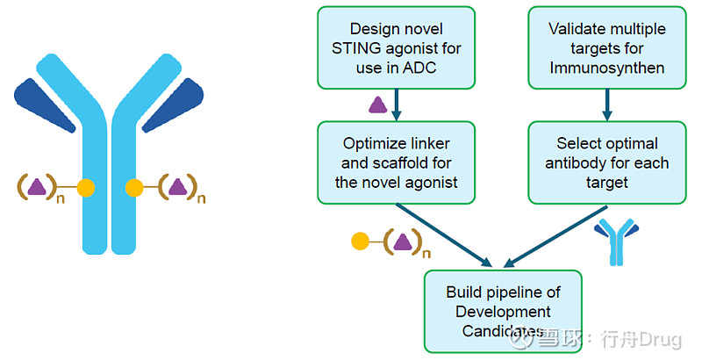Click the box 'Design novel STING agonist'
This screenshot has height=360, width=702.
397,47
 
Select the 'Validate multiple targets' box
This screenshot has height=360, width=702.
606,47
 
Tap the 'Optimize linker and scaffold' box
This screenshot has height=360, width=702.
397,162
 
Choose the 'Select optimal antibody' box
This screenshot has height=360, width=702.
606,162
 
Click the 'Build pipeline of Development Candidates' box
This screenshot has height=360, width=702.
503,311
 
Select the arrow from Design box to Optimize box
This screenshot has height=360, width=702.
398,104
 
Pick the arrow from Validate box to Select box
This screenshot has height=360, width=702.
606,104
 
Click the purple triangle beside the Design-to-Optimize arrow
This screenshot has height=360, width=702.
377,105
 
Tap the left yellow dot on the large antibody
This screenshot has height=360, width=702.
85,187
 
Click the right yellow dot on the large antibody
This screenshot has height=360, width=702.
134,187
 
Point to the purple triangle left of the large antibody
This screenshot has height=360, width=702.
37,186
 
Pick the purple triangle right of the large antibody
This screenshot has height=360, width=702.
178,186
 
